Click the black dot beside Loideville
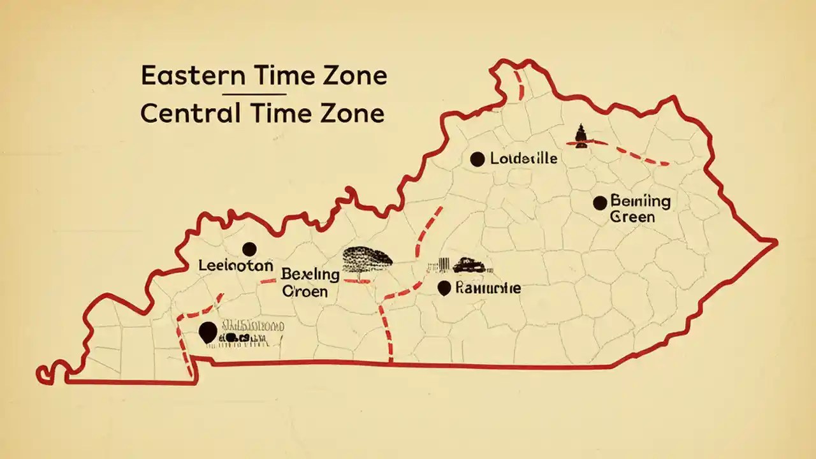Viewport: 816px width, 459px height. [477, 159]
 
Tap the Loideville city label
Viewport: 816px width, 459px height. [524, 159]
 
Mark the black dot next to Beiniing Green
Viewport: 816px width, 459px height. [600, 203]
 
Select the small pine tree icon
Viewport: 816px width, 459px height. [580, 136]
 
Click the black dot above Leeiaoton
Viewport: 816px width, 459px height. [249, 249]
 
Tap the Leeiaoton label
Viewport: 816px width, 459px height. [236, 265]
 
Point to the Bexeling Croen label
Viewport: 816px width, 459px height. [310, 283]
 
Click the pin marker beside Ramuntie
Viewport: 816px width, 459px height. [444, 288]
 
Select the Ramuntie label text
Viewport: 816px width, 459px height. [488, 288]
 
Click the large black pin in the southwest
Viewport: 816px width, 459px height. [207, 332]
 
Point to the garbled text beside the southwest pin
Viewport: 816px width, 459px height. [251, 332]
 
